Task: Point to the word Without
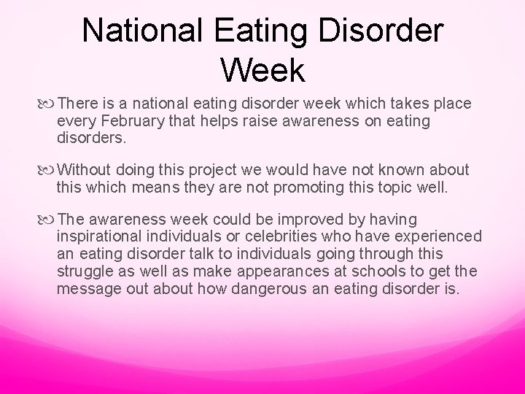click(x=85, y=169)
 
